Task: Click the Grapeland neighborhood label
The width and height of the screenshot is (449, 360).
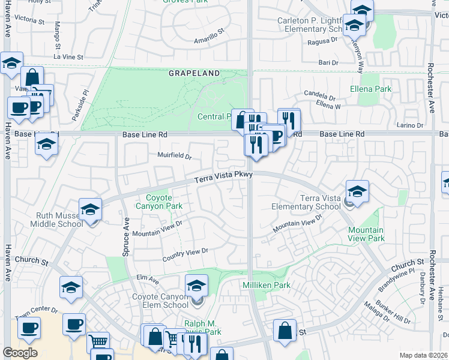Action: [x=194, y=73]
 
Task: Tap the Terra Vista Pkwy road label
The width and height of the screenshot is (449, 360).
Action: [x=224, y=177]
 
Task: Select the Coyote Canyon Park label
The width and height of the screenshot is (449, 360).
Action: [x=164, y=202]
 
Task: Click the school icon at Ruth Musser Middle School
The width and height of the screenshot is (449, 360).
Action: [x=90, y=209]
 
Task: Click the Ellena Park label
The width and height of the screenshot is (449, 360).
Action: [x=370, y=89]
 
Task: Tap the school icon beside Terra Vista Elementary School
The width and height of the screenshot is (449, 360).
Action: [x=357, y=191]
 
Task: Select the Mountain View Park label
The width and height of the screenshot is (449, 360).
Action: [x=366, y=234]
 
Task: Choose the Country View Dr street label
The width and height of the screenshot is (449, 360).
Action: [x=185, y=255]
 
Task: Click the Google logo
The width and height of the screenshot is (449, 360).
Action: [x=20, y=352]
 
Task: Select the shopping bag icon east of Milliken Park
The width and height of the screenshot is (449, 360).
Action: [x=285, y=331]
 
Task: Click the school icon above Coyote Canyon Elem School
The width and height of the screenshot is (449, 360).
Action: [x=196, y=286]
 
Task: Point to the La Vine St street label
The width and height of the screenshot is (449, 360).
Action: [x=68, y=56]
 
